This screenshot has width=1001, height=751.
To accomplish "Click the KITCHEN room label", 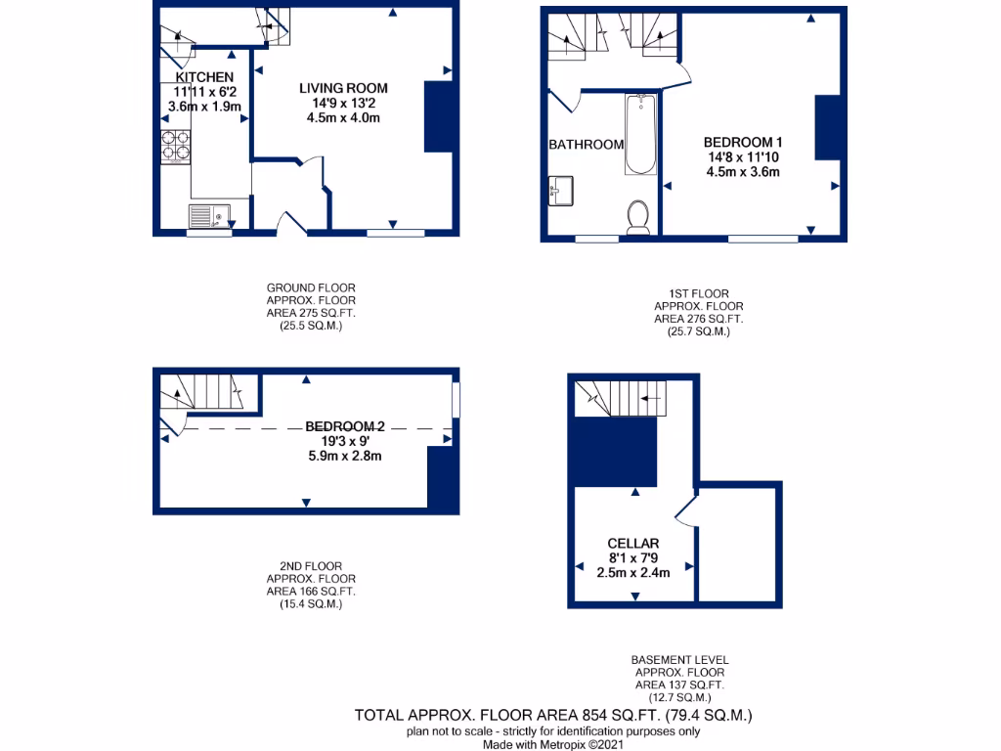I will coord(204,77).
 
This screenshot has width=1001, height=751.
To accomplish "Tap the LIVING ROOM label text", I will coord(343,89).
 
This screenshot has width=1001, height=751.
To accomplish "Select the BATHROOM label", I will coord(586,145).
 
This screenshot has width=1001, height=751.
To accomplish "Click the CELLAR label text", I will coord(632,544).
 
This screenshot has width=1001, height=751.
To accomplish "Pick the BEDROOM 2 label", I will coord(345,426).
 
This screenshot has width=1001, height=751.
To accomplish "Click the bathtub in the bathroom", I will coord(640,134).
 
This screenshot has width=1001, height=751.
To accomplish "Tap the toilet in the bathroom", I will coord(638,217).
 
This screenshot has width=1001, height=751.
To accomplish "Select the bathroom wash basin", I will coord(562,189).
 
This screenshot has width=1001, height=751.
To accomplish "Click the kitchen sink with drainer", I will coord(208,215).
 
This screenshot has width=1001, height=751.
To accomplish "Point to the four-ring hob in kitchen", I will coord(175,146).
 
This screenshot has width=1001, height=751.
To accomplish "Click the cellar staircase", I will coord(620,396).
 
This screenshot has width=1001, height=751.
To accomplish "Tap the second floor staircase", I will coord(205,393).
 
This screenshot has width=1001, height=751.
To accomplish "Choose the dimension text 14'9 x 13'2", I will coord(343,104).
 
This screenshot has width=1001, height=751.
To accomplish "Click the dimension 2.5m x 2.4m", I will coord(632,573).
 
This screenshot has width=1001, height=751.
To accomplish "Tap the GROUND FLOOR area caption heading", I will coord(311,287).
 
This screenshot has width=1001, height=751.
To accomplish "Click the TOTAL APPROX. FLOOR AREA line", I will coord(553,717).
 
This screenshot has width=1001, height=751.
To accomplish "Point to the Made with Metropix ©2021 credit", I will coord(553,744).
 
